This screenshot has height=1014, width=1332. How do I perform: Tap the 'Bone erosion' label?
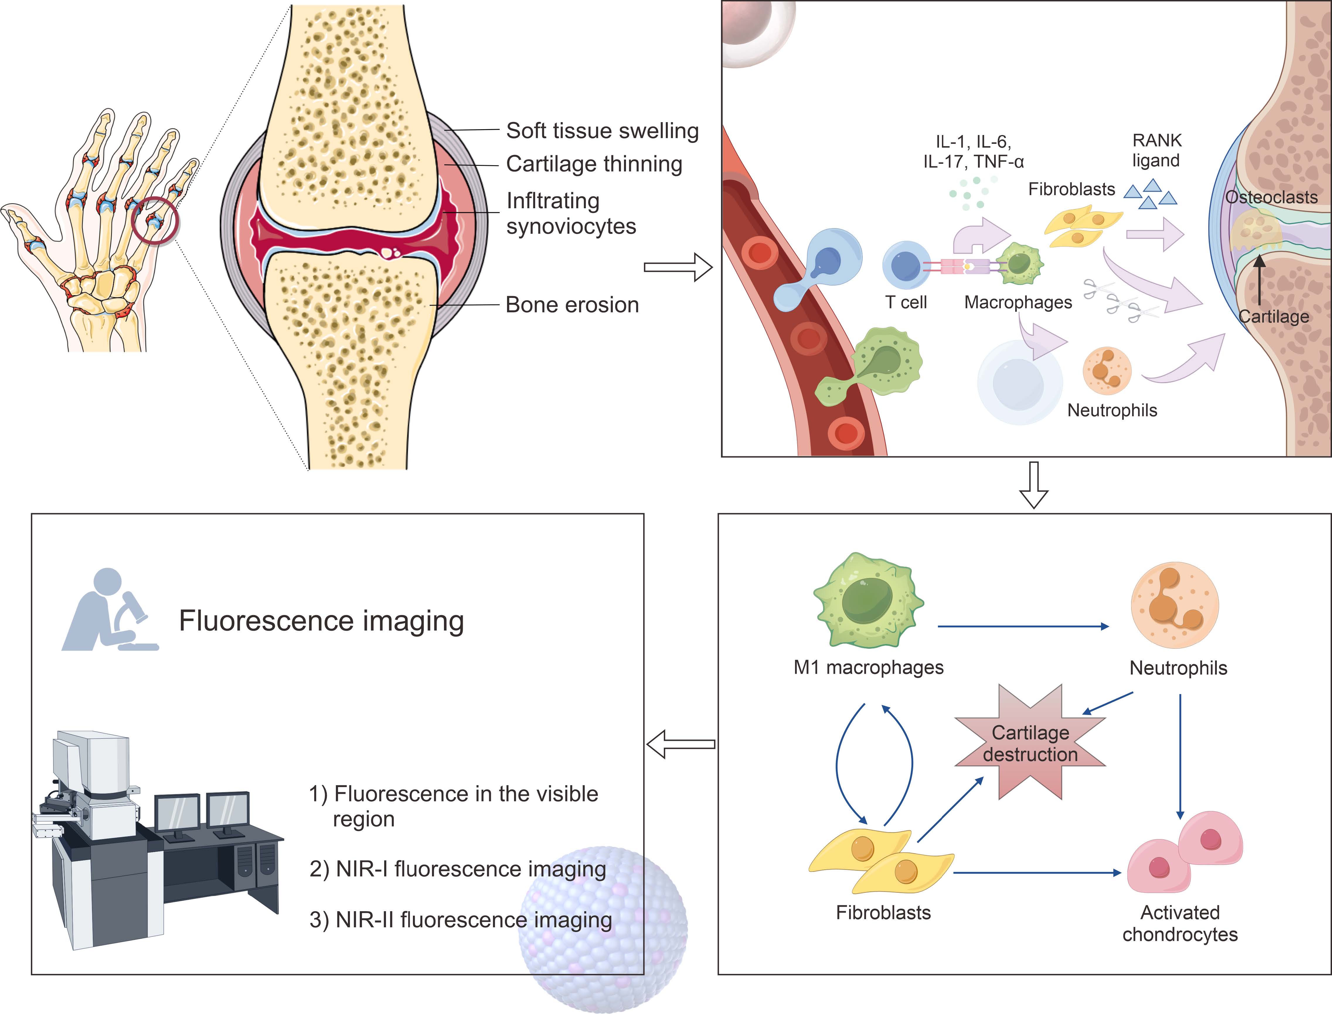click(x=572, y=305)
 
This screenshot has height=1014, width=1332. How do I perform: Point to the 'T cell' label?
click(x=906, y=302)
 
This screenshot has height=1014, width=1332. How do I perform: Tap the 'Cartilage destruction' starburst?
click(x=1030, y=744)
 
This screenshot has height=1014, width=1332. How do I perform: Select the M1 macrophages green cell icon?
click(x=868, y=600)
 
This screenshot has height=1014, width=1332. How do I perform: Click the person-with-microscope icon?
click(x=109, y=611)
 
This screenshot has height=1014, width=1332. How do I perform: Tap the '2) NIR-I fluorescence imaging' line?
click(x=458, y=869)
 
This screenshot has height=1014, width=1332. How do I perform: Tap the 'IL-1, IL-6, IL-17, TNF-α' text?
click(x=973, y=151)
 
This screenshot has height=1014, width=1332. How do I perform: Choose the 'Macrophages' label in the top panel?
click(x=1018, y=302)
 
